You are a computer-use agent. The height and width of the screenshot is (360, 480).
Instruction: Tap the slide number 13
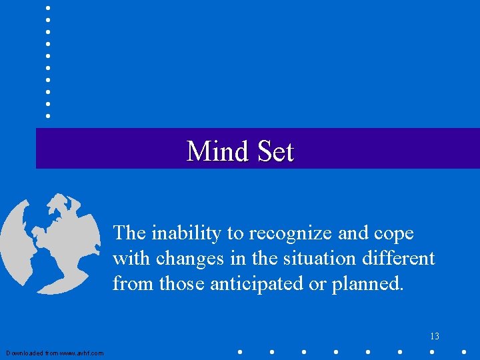tap(435, 336)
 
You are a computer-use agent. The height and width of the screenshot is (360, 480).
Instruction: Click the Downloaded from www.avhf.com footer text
tap(55, 353)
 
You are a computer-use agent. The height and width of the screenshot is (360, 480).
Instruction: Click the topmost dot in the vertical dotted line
tap(48, 7)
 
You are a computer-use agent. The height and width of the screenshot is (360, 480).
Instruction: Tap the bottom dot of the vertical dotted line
tap(48, 115)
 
